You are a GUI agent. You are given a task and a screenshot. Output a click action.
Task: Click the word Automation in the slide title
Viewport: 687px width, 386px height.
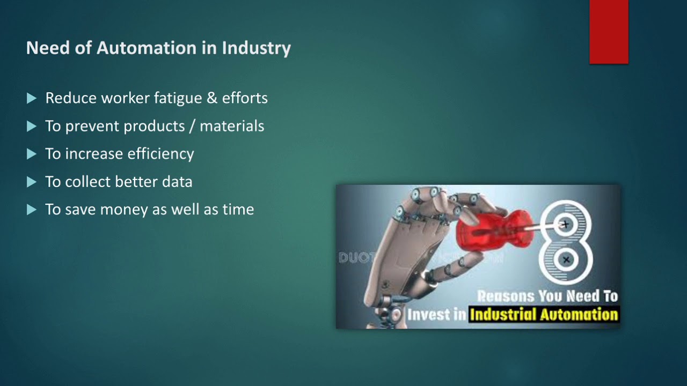point(147,48)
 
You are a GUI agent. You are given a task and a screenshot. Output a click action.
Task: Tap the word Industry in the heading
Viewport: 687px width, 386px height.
point(256,48)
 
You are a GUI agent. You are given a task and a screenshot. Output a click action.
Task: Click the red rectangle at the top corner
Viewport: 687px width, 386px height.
point(609,32)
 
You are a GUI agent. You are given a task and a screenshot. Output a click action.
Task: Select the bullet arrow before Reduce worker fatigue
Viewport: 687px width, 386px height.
point(32,98)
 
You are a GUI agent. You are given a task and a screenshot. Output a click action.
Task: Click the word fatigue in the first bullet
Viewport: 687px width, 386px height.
point(176,98)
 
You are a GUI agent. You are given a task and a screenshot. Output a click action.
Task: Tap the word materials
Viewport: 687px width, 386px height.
point(232,126)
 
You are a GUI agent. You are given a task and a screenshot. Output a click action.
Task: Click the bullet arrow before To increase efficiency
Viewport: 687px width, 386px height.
point(32,154)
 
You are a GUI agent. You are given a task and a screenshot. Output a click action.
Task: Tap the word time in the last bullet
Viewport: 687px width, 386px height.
point(238,209)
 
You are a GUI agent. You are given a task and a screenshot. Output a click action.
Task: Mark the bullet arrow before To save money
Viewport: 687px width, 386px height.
point(32,210)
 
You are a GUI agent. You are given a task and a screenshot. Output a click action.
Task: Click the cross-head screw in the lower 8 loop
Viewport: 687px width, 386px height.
point(565,261)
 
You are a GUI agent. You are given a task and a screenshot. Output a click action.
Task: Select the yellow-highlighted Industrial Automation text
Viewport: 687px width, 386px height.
point(544,314)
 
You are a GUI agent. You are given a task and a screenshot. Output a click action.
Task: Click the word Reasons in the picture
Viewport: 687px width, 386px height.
point(506,296)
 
